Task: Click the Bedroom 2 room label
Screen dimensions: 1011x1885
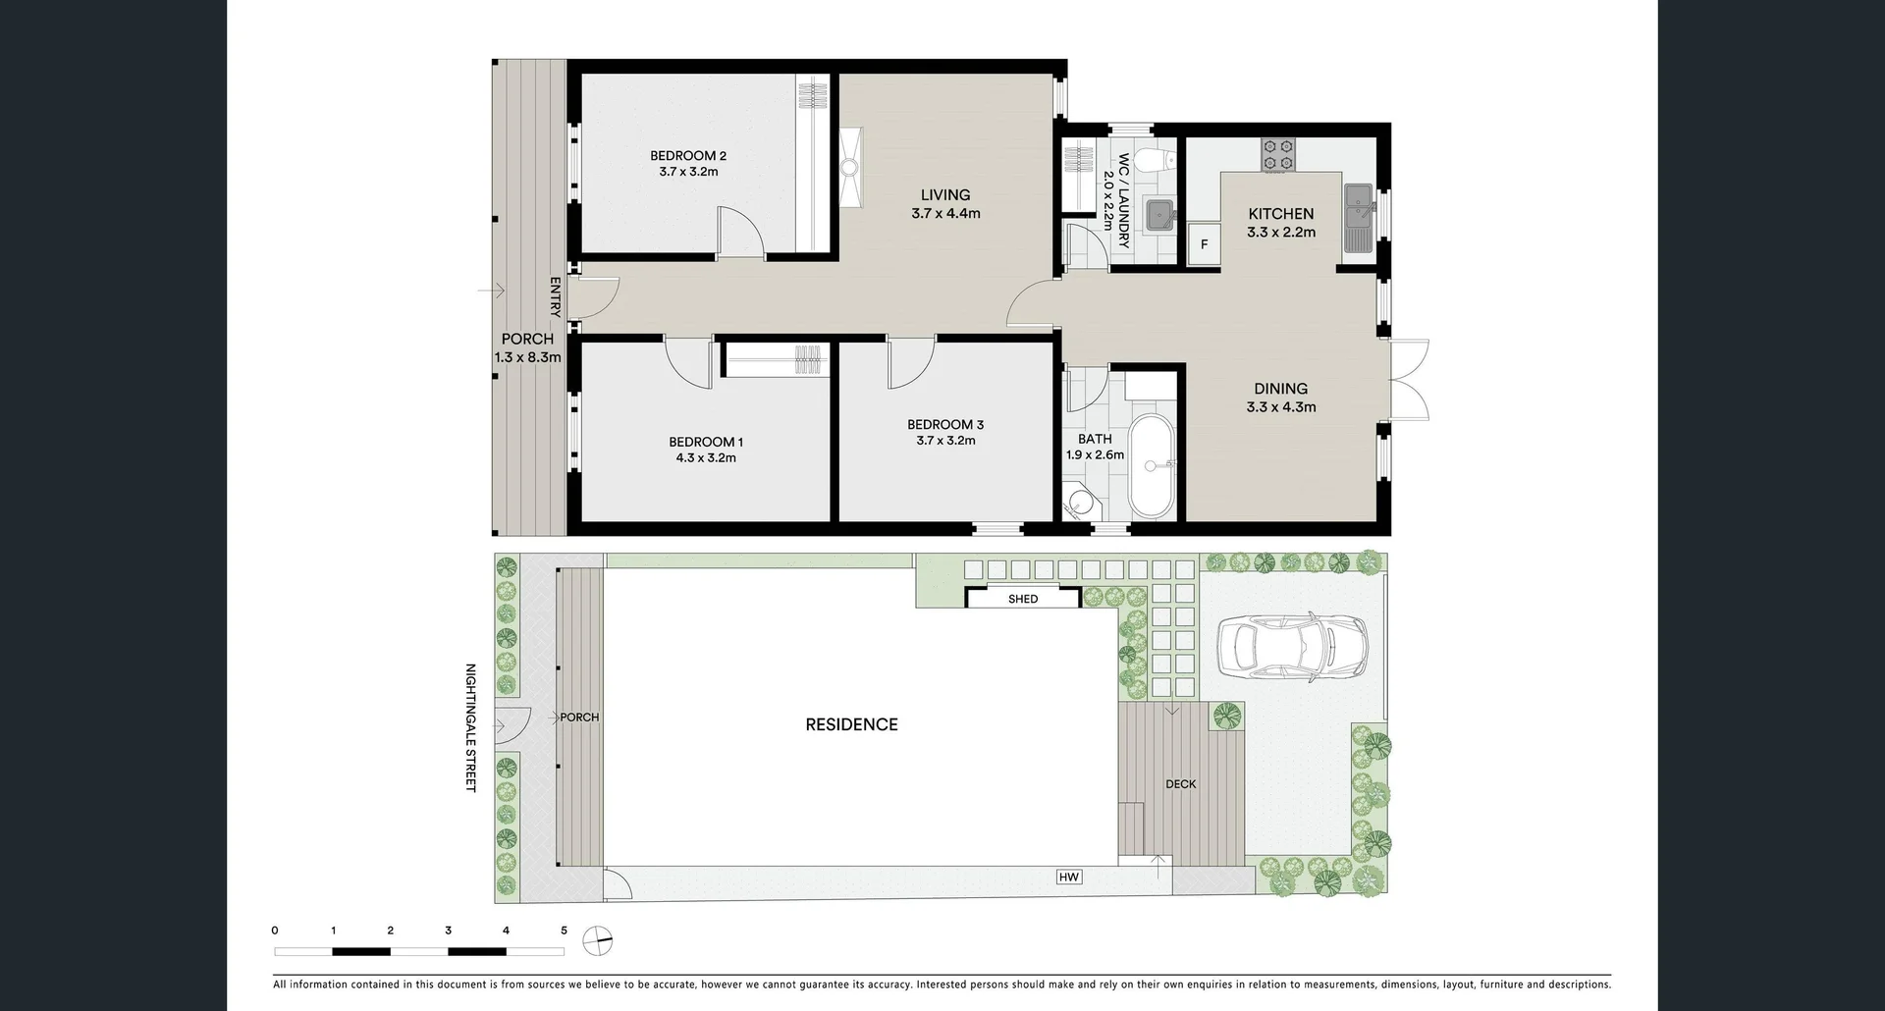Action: [688, 163]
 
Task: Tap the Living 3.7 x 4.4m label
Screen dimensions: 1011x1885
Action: [945, 204]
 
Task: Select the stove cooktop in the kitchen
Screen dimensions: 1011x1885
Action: [1278, 154]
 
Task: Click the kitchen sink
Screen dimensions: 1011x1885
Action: [1360, 217]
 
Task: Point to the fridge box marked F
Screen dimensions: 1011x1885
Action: [1204, 244]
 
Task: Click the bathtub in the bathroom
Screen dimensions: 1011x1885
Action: [1151, 466]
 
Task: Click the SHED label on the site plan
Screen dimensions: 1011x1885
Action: [1022, 599]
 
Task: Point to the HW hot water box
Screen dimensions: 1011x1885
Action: [1069, 877]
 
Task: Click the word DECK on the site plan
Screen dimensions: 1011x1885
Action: [1180, 784]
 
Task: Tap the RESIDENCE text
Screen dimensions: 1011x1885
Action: [851, 724]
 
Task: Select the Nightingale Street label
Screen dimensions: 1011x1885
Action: [470, 727]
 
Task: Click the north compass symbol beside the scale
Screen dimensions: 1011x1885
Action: [597, 940]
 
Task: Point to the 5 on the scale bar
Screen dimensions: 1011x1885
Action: [564, 931]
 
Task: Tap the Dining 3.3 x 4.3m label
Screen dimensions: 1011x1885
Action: [1280, 398]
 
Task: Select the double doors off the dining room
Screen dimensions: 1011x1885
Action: [1409, 380]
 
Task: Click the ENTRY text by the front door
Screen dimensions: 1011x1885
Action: [555, 297]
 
